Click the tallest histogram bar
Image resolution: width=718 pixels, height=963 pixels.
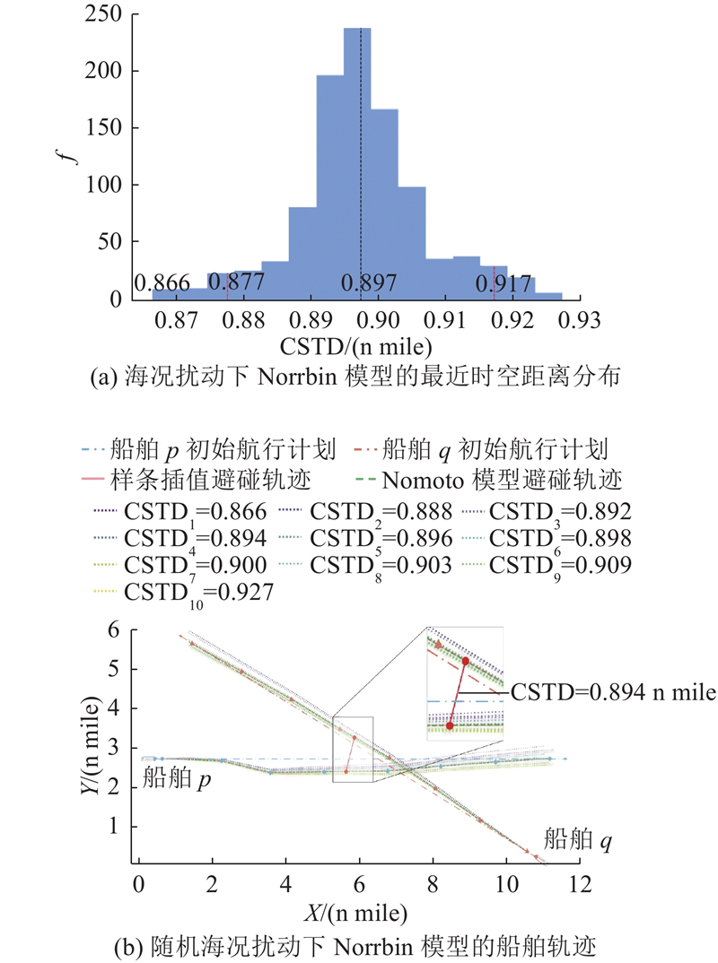point(357,163)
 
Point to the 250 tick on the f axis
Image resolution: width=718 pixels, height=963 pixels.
point(103,13)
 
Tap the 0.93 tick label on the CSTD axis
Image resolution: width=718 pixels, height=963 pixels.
point(579,320)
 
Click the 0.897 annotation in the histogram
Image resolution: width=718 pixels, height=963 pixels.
point(369,283)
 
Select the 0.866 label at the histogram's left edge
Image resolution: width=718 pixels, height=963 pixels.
point(162,283)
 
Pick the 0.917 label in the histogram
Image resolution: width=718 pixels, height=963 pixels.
point(503,283)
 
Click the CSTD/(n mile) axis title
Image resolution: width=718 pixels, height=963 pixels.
point(356,347)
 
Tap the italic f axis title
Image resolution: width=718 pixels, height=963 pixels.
point(71,151)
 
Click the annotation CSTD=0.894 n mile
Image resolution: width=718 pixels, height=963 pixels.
point(613,692)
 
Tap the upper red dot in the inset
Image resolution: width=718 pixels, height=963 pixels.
point(466,661)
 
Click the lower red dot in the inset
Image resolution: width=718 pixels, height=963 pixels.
point(450,726)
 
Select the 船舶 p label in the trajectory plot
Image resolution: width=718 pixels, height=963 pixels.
point(177,778)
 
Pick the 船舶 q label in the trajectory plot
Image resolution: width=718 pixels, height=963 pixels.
point(577,839)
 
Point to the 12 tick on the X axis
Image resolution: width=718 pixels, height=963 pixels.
point(580,884)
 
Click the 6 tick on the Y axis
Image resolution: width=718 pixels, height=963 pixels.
point(114,629)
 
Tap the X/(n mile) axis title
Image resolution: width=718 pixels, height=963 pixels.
point(355,914)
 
